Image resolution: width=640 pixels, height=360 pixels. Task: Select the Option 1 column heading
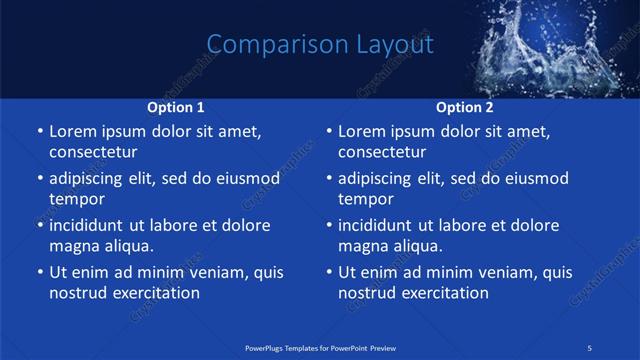point(176,106)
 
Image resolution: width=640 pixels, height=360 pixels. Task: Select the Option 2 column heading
point(465,106)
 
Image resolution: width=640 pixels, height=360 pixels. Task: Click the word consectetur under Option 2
point(382,153)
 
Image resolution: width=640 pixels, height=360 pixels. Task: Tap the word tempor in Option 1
point(76,199)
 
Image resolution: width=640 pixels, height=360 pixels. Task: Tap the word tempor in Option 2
point(366,199)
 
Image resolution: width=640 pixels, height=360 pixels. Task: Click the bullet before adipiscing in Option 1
point(39,179)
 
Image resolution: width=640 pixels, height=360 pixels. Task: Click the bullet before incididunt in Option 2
point(329,226)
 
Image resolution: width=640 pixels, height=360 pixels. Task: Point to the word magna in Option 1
point(74,246)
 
